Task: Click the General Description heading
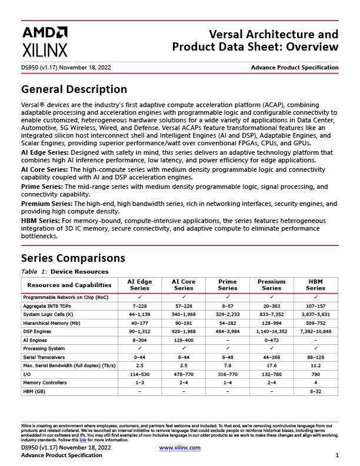tap(74, 89)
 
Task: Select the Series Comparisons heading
tap(73, 258)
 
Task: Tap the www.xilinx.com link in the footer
tap(180, 448)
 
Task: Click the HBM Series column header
tap(315, 285)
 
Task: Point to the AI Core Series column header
tap(184, 285)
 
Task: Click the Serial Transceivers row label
tap(45, 357)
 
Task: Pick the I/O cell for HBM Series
tap(315, 374)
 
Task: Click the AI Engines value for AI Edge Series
tap(139, 340)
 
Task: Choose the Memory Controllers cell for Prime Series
tap(228, 382)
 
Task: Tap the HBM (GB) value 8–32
tap(315, 391)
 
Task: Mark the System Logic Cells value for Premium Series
tap(271, 314)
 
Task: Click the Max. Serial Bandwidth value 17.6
tap(271, 365)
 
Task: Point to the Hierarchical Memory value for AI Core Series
tap(184, 323)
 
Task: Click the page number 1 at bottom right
tap(337, 455)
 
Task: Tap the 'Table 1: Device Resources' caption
tap(65, 271)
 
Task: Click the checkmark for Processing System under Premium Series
tap(271, 348)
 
